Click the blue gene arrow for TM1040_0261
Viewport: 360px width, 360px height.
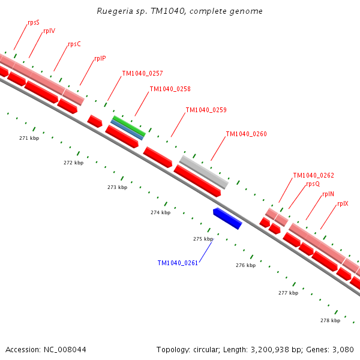(227, 218)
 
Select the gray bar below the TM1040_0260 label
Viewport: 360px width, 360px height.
(204, 172)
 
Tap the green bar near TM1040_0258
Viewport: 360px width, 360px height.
(129, 125)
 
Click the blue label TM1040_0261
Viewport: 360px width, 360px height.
(178, 263)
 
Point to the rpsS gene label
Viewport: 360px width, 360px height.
(34, 22)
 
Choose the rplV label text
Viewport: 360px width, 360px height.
(49, 31)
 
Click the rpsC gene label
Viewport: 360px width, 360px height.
(74, 44)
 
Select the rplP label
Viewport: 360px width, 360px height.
(100, 59)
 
